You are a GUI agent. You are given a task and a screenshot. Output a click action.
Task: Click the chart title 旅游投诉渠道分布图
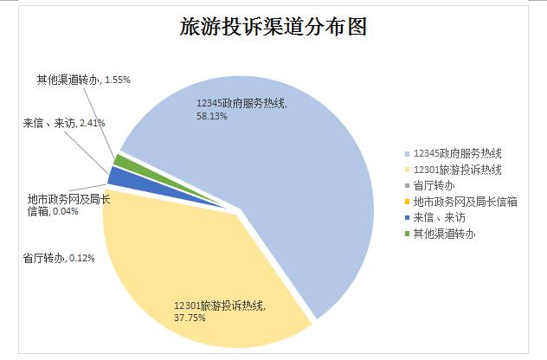point(273,27)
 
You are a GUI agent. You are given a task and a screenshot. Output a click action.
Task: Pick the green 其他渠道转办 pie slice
point(123,162)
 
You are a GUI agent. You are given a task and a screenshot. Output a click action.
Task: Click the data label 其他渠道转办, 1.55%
point(83,80)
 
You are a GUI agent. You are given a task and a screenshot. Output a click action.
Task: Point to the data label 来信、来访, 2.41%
point(64,123)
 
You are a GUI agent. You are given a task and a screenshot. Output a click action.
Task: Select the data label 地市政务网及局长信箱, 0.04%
point(68,205)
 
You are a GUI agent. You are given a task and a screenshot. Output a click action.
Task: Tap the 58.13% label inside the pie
point(213,115)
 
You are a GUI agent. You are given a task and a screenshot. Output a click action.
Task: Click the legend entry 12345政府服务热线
point(456,153)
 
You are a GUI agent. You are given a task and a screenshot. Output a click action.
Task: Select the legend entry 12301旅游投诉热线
point(456,170)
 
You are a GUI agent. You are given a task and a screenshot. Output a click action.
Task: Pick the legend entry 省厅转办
point(434,185)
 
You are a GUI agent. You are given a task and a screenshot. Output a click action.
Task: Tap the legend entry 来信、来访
point(439,217)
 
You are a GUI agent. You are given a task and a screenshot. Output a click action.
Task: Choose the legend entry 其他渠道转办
point(445,234)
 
